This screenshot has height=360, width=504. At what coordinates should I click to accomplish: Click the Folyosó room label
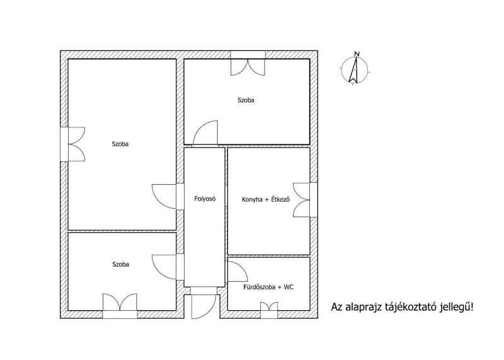point(205,199)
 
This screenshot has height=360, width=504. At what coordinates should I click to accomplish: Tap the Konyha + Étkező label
point(266,199)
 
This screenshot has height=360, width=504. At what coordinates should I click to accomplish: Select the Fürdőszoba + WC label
point(268,287)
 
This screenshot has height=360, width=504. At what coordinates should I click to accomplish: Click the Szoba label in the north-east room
point(246,100)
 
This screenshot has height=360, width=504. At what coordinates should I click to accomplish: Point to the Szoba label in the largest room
point(120,144)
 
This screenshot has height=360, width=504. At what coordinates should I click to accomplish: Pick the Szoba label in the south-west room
point(120,264)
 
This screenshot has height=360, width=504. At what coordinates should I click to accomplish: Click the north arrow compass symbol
point(354,70)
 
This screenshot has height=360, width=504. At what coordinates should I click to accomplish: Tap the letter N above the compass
point(357,54)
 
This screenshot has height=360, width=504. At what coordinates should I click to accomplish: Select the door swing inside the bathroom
point(238,272)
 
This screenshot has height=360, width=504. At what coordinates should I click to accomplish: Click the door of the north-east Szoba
point(206,133)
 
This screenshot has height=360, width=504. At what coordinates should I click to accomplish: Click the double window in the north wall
point(248,64)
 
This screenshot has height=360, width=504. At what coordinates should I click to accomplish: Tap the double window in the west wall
point(72,144)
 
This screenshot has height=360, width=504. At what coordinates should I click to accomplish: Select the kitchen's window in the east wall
point(306,200)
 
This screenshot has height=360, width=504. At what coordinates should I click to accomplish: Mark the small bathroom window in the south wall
point(269,310)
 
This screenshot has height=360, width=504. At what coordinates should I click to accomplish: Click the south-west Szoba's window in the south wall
point(120,306)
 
